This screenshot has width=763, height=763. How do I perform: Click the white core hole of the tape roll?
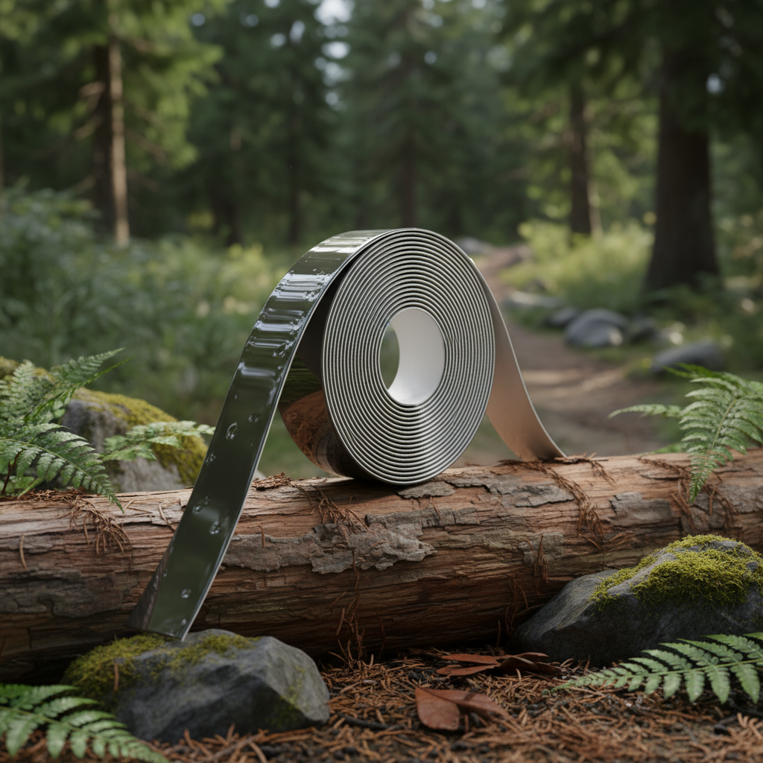(414, 356)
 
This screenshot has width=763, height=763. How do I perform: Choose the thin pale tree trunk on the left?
(118, 142)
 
